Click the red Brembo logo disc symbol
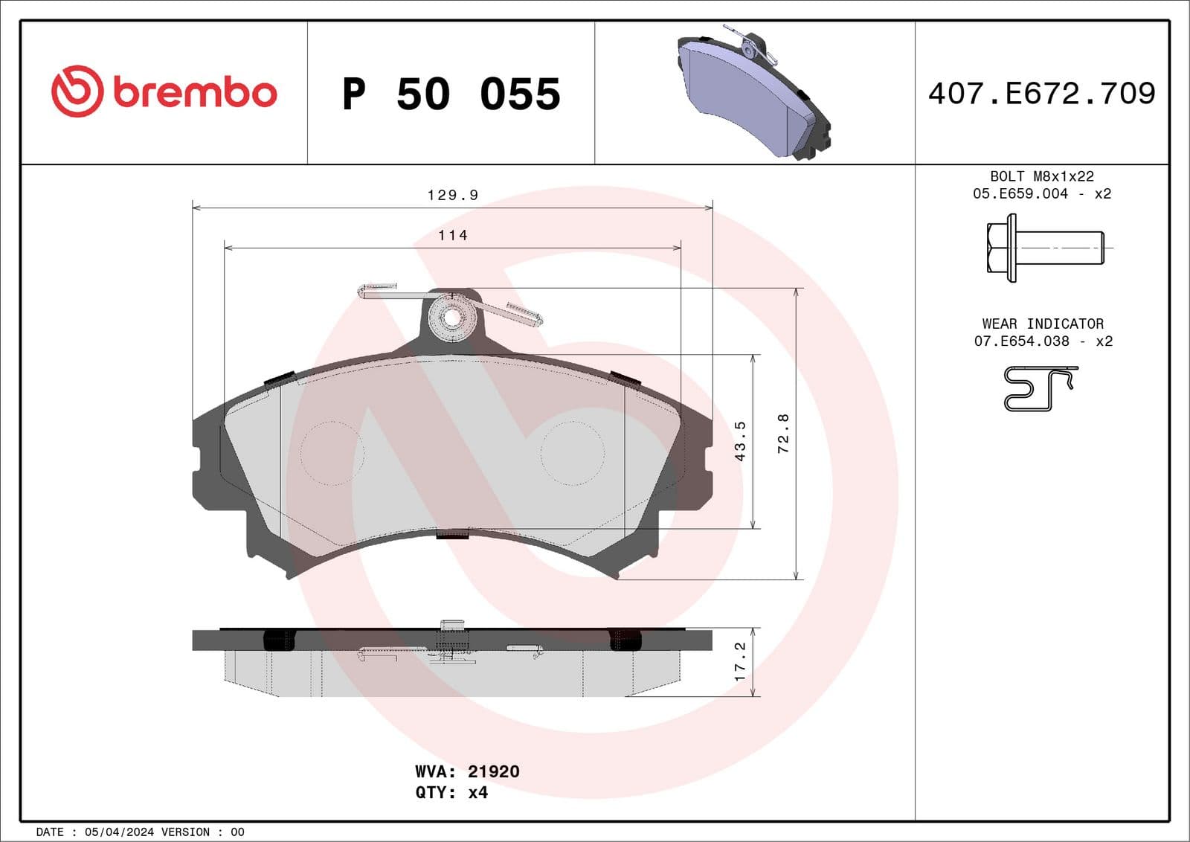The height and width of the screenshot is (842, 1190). point(77,91)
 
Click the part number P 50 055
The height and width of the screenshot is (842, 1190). point(451,94)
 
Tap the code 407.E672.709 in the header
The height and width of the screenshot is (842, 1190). point(1041,94)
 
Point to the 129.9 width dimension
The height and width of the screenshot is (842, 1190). point(452,195)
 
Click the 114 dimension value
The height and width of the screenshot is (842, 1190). point(452,235)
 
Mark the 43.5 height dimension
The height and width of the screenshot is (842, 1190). point(740,441)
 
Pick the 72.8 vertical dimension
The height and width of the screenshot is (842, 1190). point(782,434)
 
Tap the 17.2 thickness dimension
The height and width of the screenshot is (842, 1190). point(740,661)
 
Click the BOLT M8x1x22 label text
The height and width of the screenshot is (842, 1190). point(1041,176)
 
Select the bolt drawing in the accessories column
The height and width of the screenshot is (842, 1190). point(1045,248)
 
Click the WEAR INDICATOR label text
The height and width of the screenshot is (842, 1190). point(1042,324)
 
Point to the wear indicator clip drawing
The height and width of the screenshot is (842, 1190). point(1040,388)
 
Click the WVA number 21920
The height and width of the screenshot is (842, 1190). point(493,771)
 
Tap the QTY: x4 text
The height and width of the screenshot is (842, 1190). point(451,792)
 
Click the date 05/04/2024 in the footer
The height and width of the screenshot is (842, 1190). point(119,832)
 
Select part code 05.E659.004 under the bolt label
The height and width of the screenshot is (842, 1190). point(1020,193)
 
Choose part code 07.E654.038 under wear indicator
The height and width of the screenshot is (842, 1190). point(1021,341)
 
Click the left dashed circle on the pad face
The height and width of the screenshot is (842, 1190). point(332,453)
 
